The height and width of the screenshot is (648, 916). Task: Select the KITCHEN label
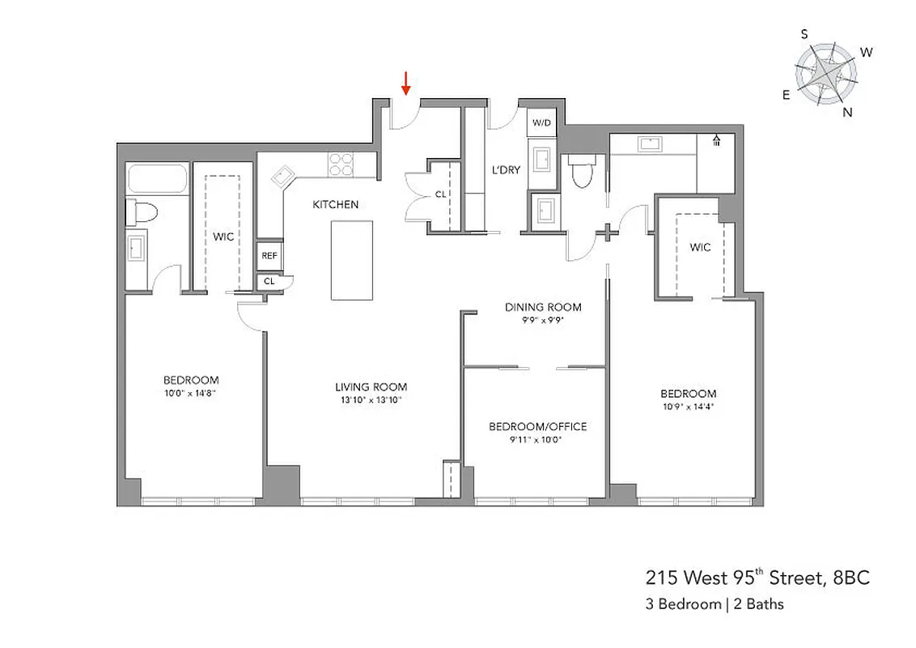pos(335,205)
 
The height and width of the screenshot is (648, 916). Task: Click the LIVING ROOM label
pos(371,387)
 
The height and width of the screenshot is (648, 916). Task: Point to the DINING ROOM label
pos(543,307)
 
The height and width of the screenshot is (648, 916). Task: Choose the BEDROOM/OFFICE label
pos(537,427)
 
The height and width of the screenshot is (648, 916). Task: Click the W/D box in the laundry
pos(541,123)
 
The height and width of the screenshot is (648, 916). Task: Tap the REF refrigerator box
pos(269,256)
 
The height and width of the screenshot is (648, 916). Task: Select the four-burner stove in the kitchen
pos(341,164)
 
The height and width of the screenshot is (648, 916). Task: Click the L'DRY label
pos(506,170)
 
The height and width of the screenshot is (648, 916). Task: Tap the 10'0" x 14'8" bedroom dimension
pos(191,392)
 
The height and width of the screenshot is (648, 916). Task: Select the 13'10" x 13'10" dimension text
pos(371,399)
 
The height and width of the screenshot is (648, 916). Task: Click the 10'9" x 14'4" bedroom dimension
pos(688,407)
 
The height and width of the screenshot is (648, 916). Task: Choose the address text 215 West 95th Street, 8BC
pos(758,578)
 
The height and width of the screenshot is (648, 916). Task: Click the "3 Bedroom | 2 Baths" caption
pos(714,604)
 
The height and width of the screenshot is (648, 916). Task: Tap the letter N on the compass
pos(847,113)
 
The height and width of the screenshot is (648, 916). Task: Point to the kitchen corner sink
pos(283,175)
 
